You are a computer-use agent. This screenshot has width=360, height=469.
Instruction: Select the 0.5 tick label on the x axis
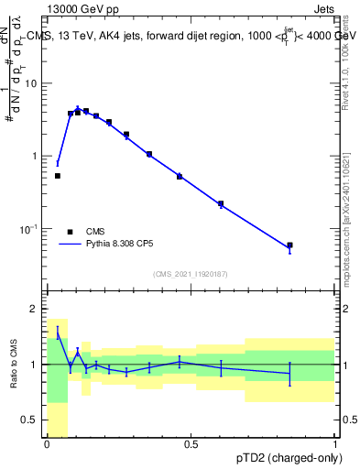pos(191,444)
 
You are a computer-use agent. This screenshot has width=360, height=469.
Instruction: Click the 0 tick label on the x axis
pos(47,444)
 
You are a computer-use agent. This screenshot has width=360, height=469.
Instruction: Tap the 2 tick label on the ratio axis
pos(34,308)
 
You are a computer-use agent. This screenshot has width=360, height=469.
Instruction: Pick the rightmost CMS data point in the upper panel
pos(289,245)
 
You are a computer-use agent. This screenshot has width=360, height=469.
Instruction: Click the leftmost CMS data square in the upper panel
pos(58,176)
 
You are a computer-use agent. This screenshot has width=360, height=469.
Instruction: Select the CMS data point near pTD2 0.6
pos(221,204)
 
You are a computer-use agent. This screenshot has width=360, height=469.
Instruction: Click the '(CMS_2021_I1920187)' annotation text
pos(191,273)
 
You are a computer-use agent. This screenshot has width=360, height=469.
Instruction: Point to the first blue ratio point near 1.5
pos(58,333)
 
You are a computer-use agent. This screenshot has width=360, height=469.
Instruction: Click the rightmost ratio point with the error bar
pos(289,373)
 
